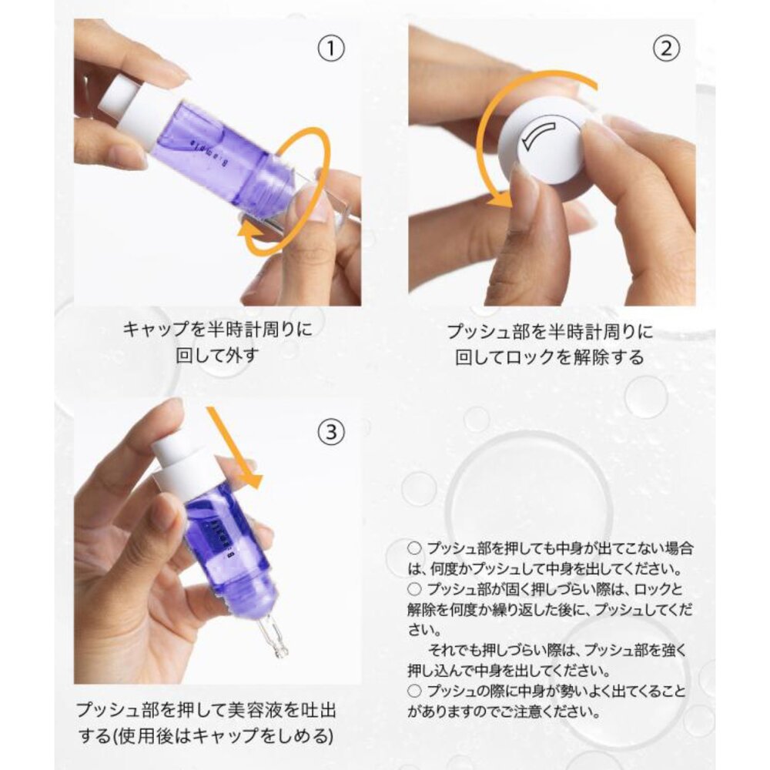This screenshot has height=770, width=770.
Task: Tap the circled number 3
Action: click(x=331, y=432)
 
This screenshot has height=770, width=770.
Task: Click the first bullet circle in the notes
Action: click(x=414, y=548)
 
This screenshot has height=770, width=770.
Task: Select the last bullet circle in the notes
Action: click(x=414, y=691)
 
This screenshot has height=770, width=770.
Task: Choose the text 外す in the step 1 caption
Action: click(x=240, y=355)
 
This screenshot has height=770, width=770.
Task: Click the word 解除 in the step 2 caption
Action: click(x=584, y=357)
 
